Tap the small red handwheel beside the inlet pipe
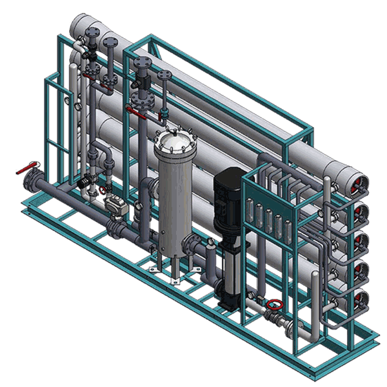coord(101,190)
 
